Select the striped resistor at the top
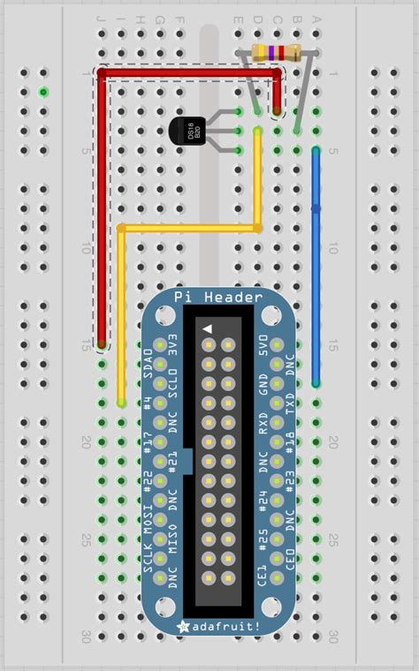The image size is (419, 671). coord(273,53)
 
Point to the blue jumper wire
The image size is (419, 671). coord(316,265)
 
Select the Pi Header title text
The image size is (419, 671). coord(217,298)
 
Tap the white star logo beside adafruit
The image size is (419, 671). coord(185,625)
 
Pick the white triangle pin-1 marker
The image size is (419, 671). coord(208,328)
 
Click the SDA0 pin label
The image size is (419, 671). coord(148,363)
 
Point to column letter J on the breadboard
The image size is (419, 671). coord(101,18)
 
